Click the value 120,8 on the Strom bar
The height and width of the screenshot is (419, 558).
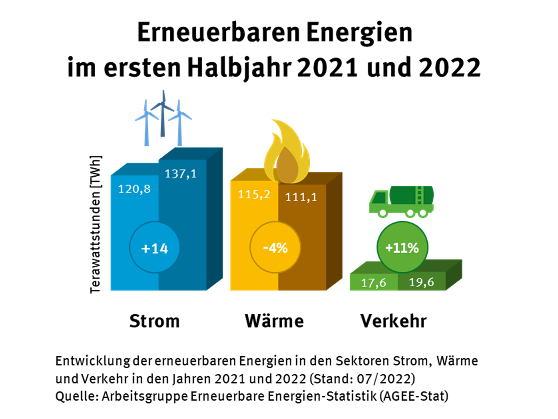click(x=134, y=189)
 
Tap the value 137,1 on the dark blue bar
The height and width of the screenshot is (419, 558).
click(x=180, y=173)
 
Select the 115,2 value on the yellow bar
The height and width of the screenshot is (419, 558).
click(x=254, y=194)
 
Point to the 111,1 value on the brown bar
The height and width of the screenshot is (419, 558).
click(x=301, y=197)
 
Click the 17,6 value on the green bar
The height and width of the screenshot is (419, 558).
click(x=373, y=283)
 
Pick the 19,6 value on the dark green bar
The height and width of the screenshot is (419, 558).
click(x=421, y=282)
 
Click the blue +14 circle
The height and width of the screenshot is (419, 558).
click(x=154, y=248)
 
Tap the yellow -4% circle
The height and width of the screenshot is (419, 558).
click(x=275, y=248)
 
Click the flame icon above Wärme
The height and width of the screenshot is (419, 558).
click(x=287, y=154)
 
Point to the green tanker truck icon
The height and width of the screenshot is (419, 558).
click(x=401, y=201)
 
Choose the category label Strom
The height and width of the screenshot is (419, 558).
click(x=154, y=321)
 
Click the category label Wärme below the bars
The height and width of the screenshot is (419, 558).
click(x=274, y=321)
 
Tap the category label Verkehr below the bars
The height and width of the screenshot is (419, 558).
click(x=393, y=321)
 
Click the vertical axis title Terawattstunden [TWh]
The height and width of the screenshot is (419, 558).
click(x=95, y=224)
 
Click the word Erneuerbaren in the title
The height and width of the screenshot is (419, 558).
click(x=219, y=33)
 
